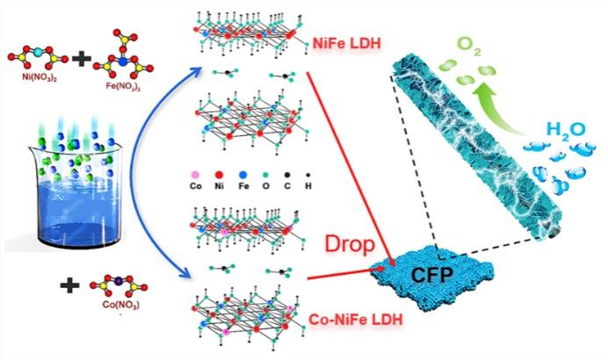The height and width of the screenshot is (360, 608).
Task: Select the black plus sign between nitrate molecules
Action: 82,61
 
